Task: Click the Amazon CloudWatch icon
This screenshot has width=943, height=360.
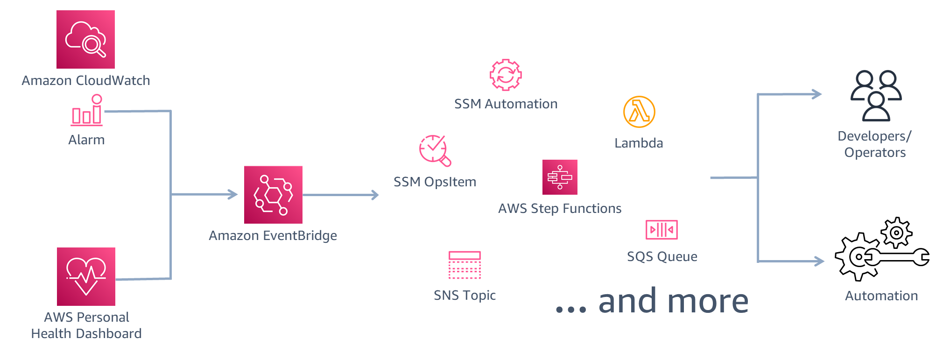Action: click(x=85, y=40)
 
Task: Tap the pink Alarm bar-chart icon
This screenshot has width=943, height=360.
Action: click(x=87, y=111)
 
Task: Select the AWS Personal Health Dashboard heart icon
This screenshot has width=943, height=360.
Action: click(x=86, y=276)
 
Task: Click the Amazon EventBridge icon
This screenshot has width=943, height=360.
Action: click(x=273, y=195)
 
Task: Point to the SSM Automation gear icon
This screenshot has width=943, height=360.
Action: click(x=506, y=75)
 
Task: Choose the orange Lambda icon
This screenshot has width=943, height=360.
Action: click(x=639, y=112)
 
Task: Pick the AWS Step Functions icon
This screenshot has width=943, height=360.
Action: click(x=560, y=177)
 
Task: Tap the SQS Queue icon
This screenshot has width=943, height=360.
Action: click(x=662, y=230)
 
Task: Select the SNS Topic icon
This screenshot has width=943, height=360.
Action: click(x=464, y=265)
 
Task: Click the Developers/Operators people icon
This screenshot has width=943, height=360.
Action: click(x=876, y=95)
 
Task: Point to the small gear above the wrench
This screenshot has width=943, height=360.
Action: click(x=896, y=232)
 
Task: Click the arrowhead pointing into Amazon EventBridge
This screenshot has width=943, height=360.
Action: click(x=233, y=194)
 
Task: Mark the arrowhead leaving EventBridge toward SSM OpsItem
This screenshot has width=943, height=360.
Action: click(x=374, y=195)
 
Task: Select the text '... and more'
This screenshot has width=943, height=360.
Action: click(x=652, y=301)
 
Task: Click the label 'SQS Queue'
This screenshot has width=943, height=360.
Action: click(x=662, y=256)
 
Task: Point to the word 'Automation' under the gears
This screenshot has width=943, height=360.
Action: click(x=881, y=296)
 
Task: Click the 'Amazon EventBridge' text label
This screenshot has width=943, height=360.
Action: click(x=273, y=235)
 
